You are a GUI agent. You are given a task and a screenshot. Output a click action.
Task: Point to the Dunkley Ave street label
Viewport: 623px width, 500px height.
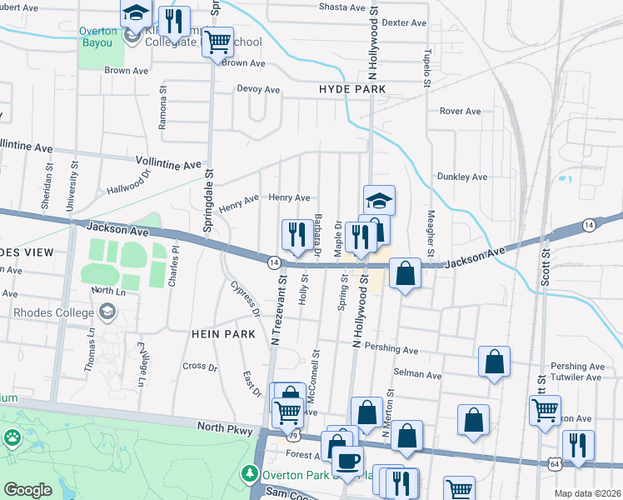coord(461,177)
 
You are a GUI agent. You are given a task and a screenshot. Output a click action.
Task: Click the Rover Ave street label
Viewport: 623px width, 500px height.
coord(461,111)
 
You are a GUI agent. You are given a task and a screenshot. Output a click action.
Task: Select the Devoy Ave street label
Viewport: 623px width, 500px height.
coord(259,89)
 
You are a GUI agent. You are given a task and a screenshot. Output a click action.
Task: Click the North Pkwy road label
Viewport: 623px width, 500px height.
coord(223,427)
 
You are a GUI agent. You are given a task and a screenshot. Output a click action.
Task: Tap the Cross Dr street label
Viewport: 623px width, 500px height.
coord(200,366)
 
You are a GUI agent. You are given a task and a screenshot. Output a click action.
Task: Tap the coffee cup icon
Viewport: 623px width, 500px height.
coord(347,459)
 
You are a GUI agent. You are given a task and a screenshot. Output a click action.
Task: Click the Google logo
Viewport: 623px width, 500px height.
coord(27,490)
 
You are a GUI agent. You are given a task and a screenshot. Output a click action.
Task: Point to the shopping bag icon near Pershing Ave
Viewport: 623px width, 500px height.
coord(494,362)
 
